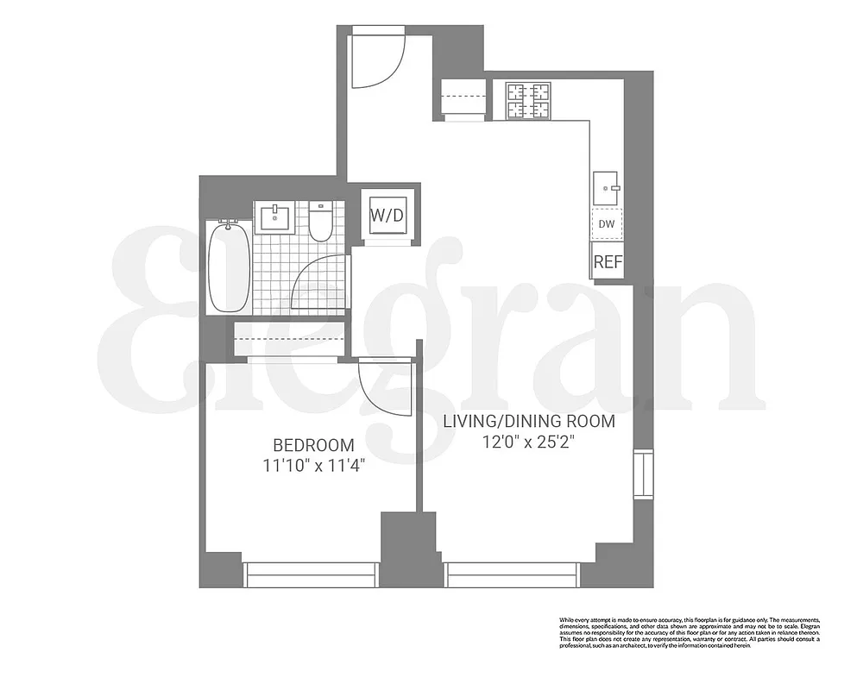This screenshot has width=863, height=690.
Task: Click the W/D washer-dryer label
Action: tap(387, 214)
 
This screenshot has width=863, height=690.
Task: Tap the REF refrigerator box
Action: tap(608, 261)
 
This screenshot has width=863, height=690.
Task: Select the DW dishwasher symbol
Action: tap(607, 224)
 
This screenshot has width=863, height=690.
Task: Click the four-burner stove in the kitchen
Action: tap(528, 100)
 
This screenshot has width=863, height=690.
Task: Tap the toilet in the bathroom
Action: tap(320, 222)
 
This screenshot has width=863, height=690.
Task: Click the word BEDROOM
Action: tap(313, 446)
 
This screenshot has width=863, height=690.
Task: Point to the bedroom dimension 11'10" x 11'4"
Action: tap(313, 466)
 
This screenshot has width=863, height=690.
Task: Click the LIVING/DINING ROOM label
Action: tap(529, 422)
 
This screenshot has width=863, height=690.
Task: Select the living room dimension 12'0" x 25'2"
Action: tap(529, 442)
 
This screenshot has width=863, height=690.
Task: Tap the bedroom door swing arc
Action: tap(385, 389)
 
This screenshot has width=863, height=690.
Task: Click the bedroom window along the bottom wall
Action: tap(311, 574)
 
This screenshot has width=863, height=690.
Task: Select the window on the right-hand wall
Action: tap(643, 474)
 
